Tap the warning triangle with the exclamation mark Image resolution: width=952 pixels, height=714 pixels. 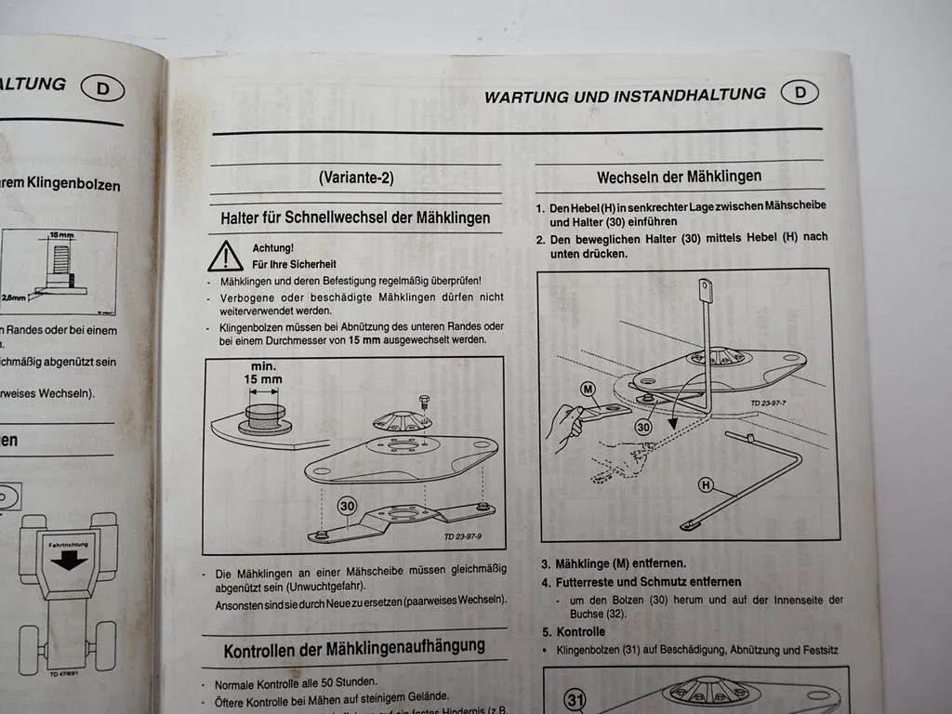225,256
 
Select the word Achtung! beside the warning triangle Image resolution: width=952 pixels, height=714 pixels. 273,248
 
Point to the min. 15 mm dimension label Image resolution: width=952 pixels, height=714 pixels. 264,374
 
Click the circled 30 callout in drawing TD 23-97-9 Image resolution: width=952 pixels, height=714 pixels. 347,506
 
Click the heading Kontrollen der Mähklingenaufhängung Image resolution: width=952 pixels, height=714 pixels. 354,647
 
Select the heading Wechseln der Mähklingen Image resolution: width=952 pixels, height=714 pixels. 679,176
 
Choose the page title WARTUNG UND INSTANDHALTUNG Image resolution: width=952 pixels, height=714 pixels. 625,95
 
